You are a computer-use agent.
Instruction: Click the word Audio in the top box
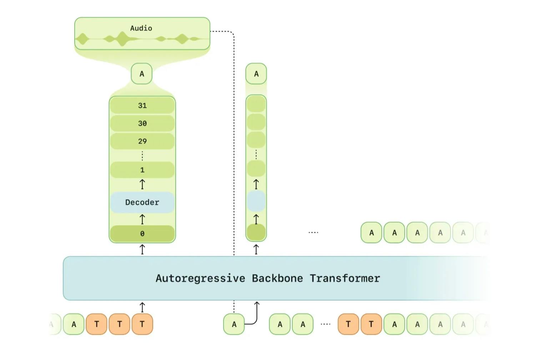(141, 28)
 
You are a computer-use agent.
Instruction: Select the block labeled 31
(142, 105)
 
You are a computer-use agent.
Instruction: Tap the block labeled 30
(142, 123)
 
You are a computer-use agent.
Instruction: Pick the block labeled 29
(142, 141)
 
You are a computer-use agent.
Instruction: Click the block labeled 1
(142, 170)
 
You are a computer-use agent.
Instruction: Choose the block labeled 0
(142, 234)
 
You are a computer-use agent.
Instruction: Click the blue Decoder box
(142, 202)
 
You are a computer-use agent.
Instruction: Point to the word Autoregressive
(200, 279)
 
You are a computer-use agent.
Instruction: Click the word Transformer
(345, 278)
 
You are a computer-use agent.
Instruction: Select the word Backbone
(277, 278)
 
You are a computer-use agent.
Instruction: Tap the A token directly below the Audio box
(141, 74)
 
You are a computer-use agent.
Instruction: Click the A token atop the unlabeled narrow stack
(256, 74)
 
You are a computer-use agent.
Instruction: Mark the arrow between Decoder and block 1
(142, 184)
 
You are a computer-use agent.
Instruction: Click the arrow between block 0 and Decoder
(142, 219)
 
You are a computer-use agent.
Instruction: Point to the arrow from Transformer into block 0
(142, 249)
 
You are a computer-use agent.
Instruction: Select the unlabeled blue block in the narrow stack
(256, 201)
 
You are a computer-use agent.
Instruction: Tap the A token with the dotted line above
(234, 324)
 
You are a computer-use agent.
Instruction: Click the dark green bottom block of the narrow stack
(256, 232)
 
